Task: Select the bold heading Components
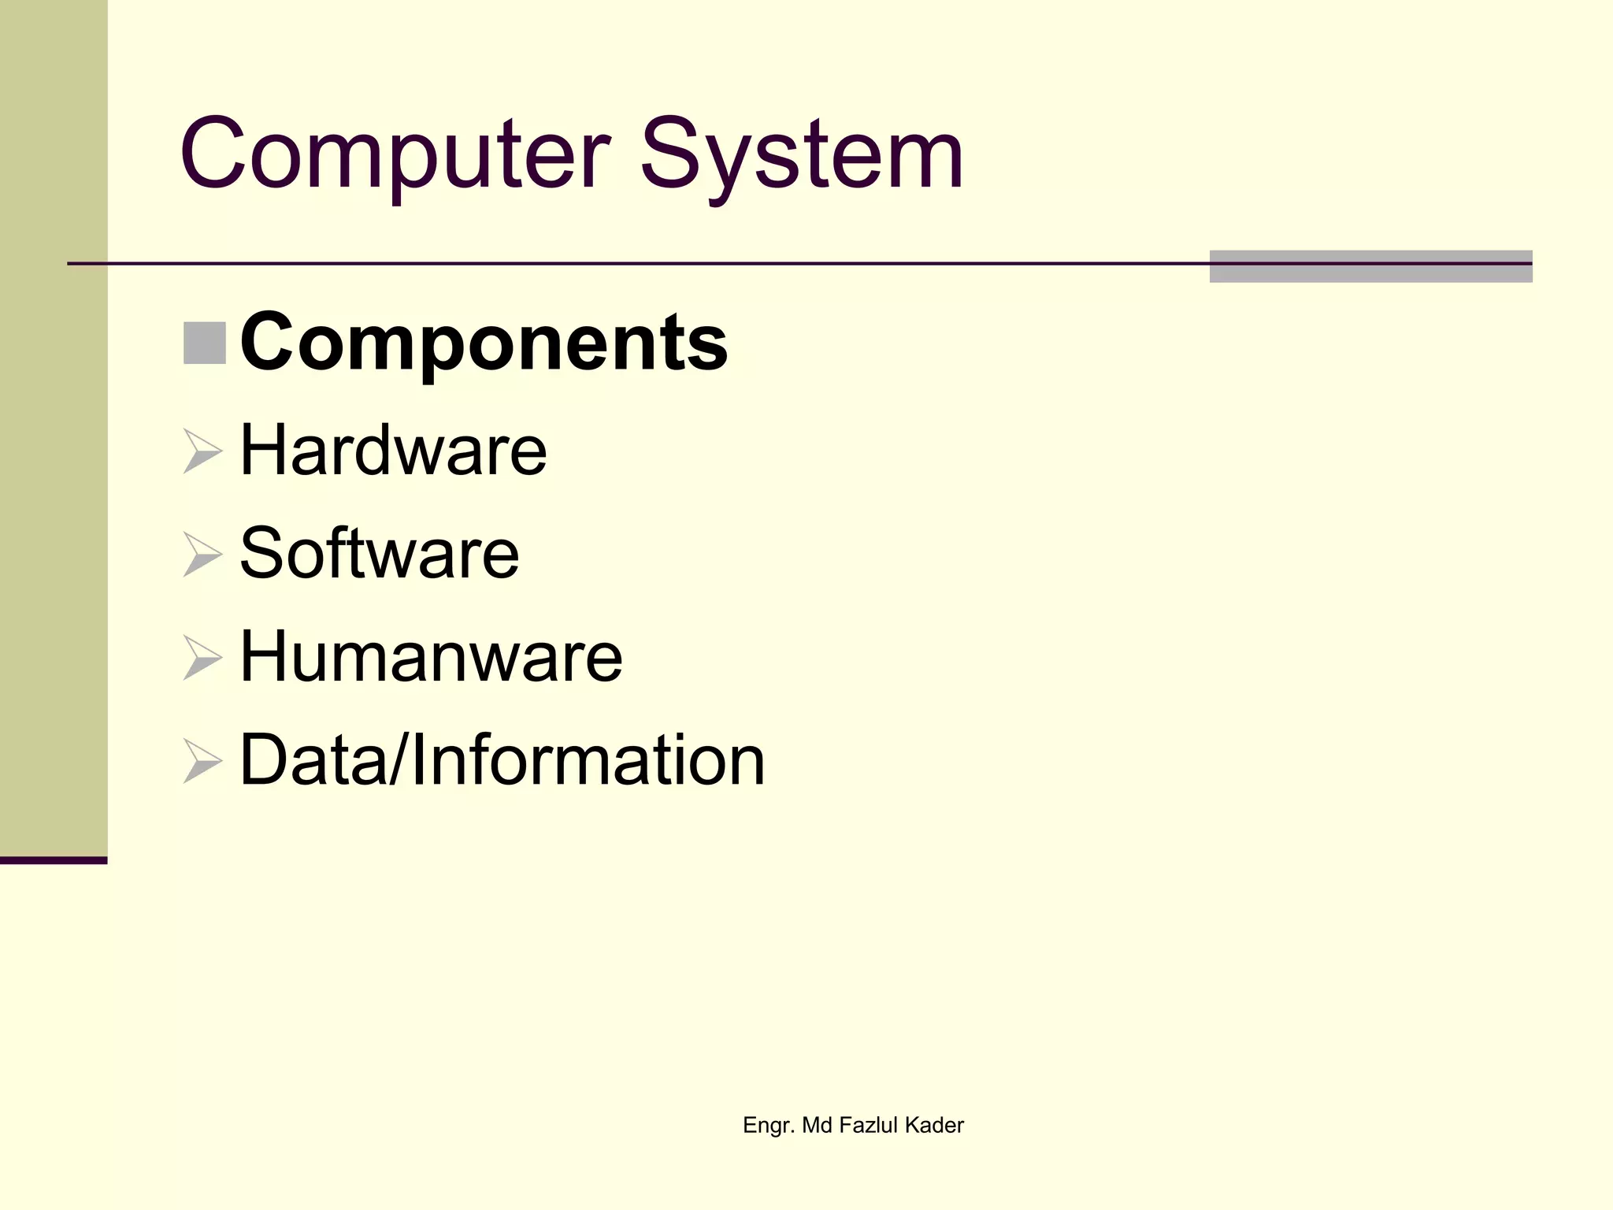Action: [484, 343]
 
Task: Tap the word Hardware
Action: [393, 450]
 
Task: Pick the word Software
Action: [379, 553]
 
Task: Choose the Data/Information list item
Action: [502, 759]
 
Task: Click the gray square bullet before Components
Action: [205, 343]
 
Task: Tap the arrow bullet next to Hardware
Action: [202, 451]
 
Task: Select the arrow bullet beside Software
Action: [202, 555]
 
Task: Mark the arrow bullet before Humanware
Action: [202, 658]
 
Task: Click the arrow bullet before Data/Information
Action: [202, 761]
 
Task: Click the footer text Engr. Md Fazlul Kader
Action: [853, 1125]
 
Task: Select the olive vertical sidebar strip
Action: [54, 425]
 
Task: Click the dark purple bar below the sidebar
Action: [54, 860]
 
